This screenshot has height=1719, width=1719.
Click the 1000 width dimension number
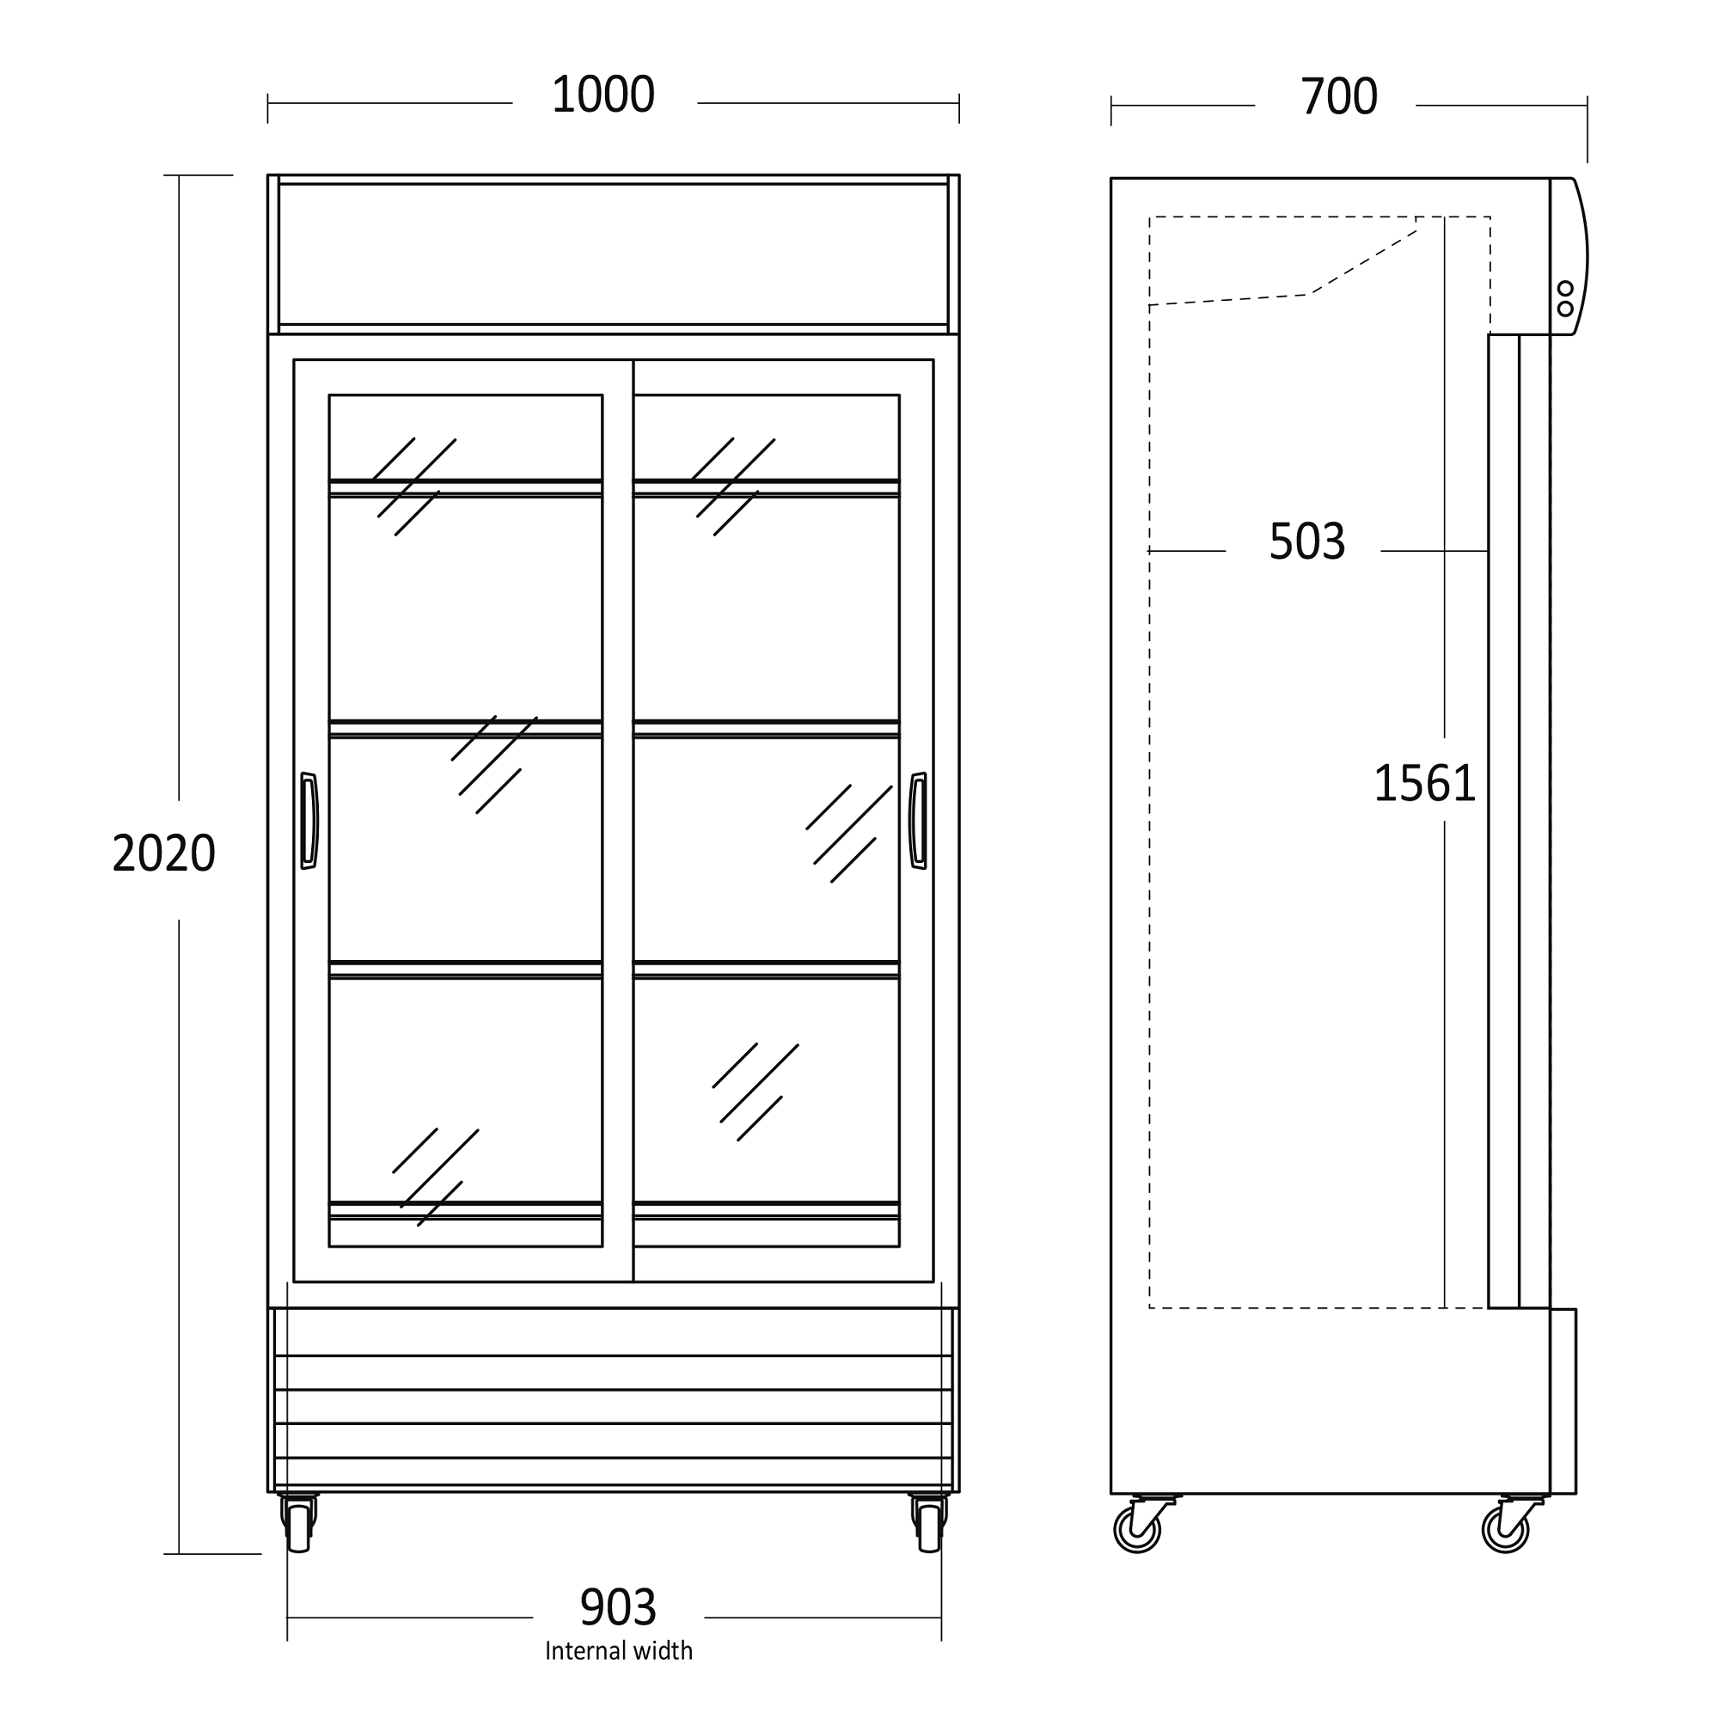pyautogui.click(x=603, y=95)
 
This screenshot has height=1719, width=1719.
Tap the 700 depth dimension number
pyautogui.click(x=1338, y=97)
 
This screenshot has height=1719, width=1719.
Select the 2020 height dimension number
pyautogui.click(x=163, y=853)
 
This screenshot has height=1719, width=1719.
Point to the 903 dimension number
pyautogui.click(x=617, y=1608)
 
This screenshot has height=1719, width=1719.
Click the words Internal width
pyautogui.click(x=618, y=1651)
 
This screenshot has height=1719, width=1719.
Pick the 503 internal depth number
pyautogui.click(x=1306, y=541)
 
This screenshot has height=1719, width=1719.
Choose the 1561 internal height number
pyautogui.click(x=1424, y=784)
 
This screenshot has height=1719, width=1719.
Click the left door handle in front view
pyautogui.click(x=309, y=820)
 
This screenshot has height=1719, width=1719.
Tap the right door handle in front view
pyautogui.click(x=917, y=820)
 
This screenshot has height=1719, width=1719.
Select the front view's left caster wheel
pyautogui.click(x=300, y=1526)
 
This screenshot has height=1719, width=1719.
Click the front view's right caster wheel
pyautogui.click(x=928, y=1526)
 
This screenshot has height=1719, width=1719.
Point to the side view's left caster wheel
pyautogui.click(x=1137, y=1531)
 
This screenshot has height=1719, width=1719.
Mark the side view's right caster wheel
pyautogui.click(x=1505, y=1531)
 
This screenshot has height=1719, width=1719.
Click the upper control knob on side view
pyautogui.click(x=1565, y=288)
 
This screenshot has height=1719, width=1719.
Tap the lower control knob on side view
pyautogui.click(x=1565, y=309)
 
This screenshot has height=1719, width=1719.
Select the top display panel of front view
pyautogui.click(x=613, y=254)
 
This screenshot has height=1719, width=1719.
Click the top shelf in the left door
pyautogui.click(x=465, y=486)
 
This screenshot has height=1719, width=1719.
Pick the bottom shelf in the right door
pyautogui.click(x=766, y=1209)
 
